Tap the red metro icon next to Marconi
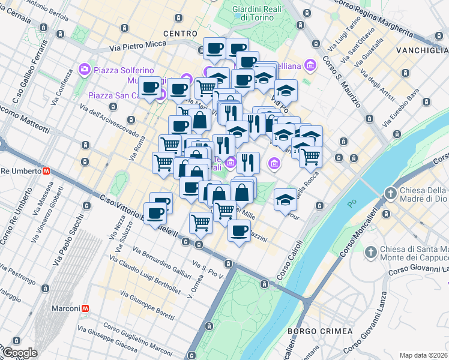[86, 308]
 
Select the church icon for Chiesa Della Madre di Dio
[391, 193]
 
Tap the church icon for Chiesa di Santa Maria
[372, 251]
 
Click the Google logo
[20, 353]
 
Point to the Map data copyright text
[424, 355]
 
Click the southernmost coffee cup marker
[238, 231]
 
